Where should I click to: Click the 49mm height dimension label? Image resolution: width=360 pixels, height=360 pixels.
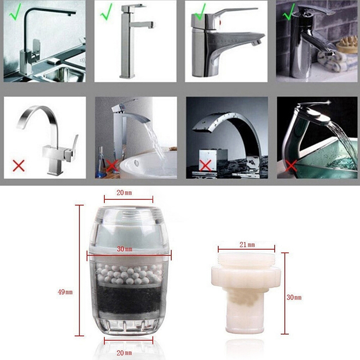pyautogui.click(x=65, y=292)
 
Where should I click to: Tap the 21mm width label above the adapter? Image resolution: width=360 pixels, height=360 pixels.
pyautogui.click(x=247, y=245)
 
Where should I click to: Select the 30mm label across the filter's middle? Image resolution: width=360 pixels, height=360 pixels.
pyautogui.click(x=125, y=249)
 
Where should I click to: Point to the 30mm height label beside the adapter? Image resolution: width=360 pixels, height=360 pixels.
pyautogui.click(x=294, y=297)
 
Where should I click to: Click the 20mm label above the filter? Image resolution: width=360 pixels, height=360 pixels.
pyautogui.click(x=124, y=193)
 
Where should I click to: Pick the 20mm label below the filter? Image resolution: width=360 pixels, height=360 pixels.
pyautogui.click(x=124, y=353)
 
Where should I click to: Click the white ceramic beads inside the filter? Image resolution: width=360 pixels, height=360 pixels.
pyautogui.click(x=129, y=274)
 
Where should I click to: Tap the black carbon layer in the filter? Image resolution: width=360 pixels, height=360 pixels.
pyautogui.click(x=129, y=300)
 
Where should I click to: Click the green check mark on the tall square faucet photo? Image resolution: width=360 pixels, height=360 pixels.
pyautogui.click(x=106, y=12)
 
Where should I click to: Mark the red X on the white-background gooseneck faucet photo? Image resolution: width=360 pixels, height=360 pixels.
pyautogui.click(x=19, y=166)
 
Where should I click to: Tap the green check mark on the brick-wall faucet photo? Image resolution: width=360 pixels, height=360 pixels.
pyautogui.click(x=288, y=12)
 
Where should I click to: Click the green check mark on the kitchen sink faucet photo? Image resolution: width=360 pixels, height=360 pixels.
pyautogui.click(x=15, y=12)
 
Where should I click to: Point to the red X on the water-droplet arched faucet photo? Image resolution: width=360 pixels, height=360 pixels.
pyautogui.click(x=205, y=166)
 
